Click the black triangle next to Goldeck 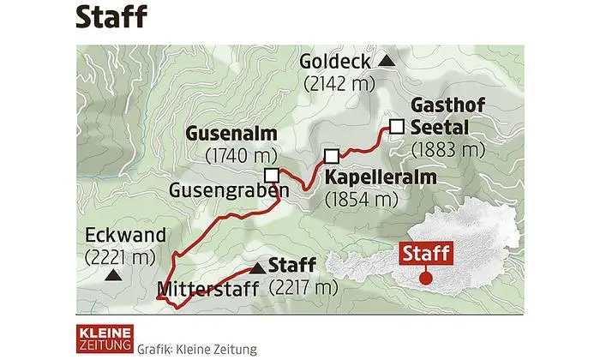pyautogui.click(x=387, y=61)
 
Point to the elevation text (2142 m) pyautogui.click(x=336, y=83)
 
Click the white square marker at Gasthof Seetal pyautogui.click(x=395, y=127)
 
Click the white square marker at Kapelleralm pyautogui.click(x=331, y=155)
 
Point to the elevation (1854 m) pyautogui.click(x=363, y=200)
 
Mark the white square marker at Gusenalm pyautogui.click(x=272, y=175)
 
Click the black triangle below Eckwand pyautogui.click(x=111, y=277)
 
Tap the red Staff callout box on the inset pyautogui.click(x=425, y=254)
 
